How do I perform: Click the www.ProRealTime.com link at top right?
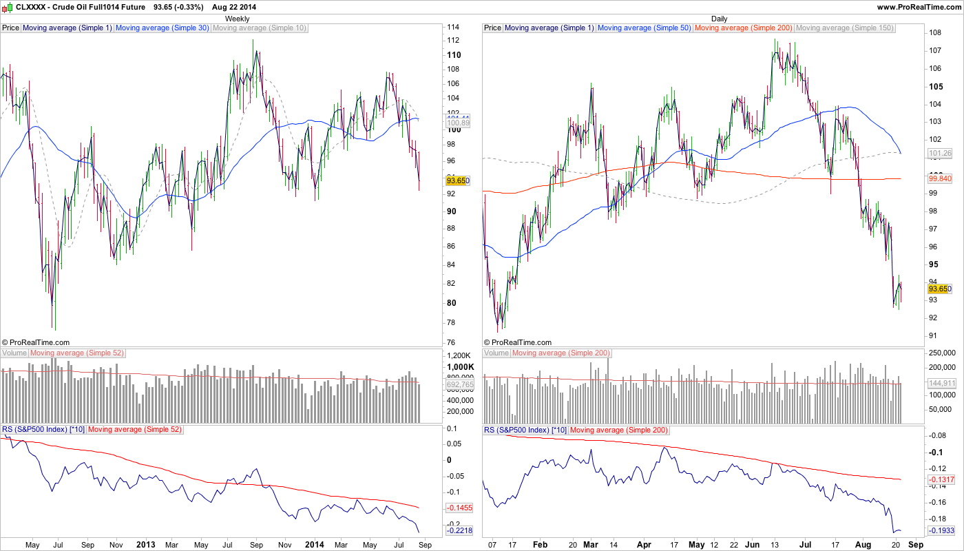[x=918, y=7]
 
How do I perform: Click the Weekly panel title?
[x=238, y=19]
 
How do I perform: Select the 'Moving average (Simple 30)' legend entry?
[x=163, y=28]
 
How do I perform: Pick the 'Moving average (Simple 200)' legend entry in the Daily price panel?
[x=744, y=28]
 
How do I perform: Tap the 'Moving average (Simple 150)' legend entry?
[x=844, y=28]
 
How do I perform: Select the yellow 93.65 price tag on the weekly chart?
[x=458, y=180]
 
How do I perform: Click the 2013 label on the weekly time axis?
[x=146, y=544]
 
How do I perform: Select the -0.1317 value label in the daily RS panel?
[x=940, y=479]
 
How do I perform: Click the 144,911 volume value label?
[x=940, y=383]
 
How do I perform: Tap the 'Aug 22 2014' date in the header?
[x=233, y=7]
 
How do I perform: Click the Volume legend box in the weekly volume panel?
[x=14, y=353]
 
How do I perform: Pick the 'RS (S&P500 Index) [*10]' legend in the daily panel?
[x=526, y=430]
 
